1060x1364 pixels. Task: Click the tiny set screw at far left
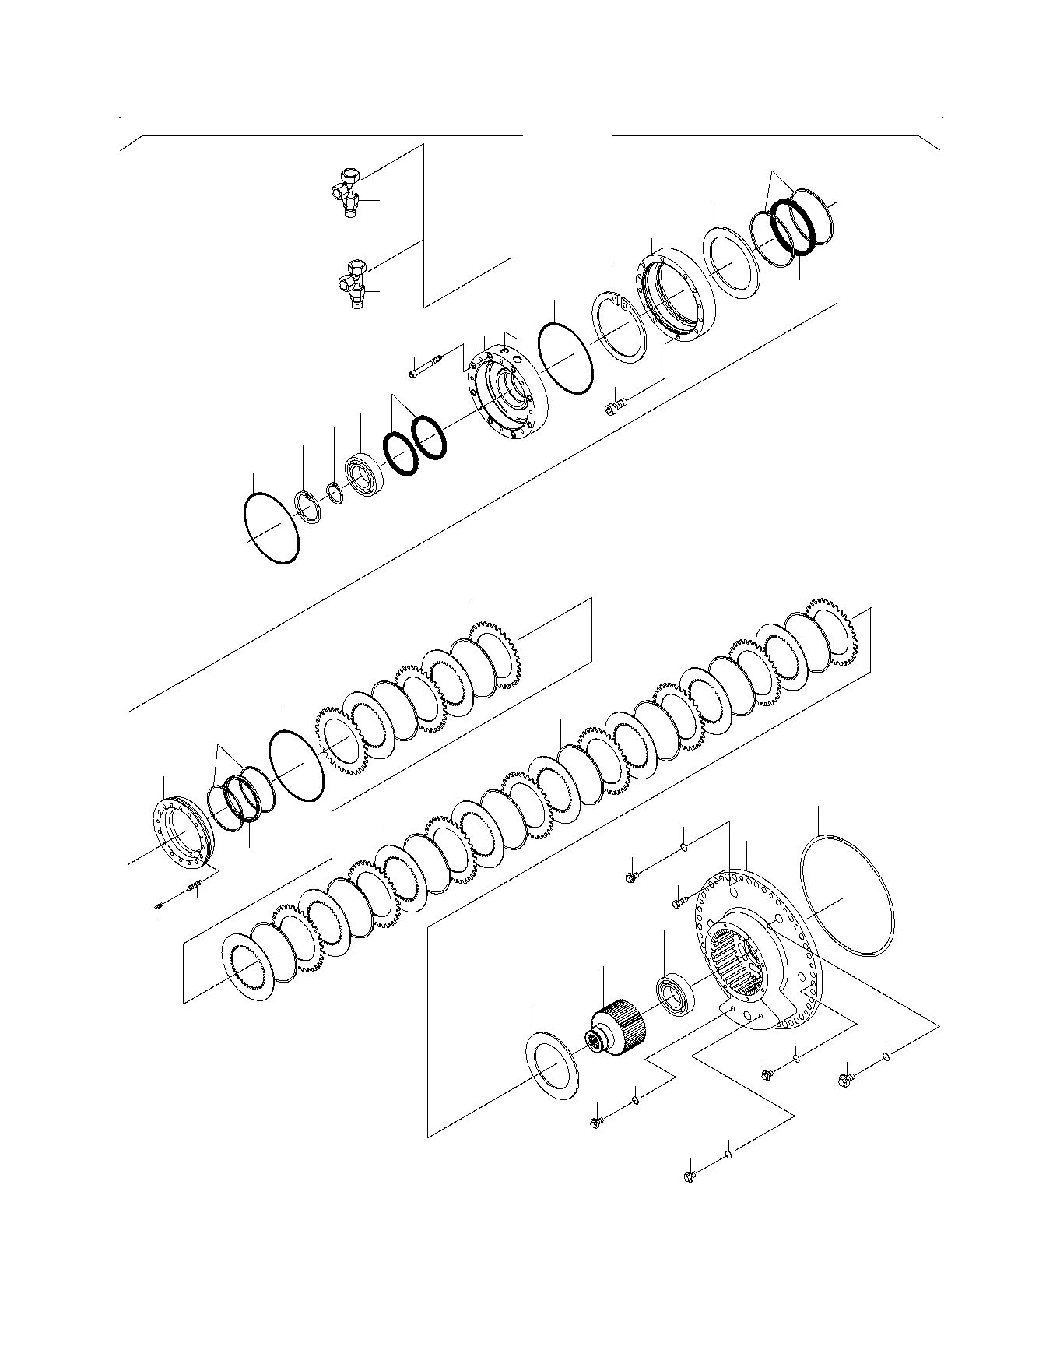[x=159, y=905]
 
